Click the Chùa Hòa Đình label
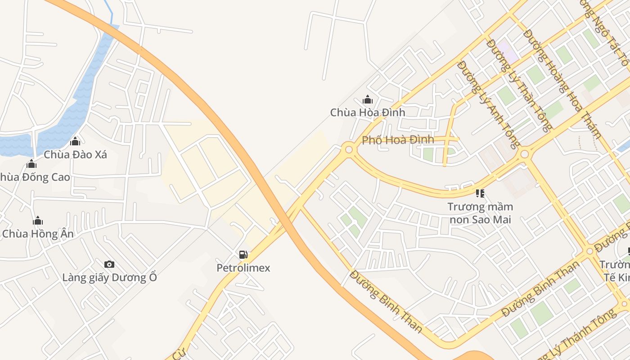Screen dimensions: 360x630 pos(368,112)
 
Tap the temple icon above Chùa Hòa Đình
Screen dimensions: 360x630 pos(368,99)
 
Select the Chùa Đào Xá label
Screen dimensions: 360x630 pos(75,155)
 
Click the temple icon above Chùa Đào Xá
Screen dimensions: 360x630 pos(75,142)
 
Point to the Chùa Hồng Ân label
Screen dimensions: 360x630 pos(38,234)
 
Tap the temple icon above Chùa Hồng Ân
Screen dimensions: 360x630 pos(38,220)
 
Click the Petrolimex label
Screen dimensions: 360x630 pos(243,268)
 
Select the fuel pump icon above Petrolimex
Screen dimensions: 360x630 pos(243,255)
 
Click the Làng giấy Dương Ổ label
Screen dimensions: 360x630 pos(110,277)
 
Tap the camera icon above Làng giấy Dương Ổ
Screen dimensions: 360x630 pos(109,264)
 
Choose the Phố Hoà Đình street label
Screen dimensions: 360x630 pos(398,140)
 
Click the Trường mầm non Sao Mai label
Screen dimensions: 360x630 pos(480,213)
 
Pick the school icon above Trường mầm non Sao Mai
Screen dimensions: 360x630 pos(480,193)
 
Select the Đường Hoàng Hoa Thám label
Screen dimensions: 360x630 pos(562,83)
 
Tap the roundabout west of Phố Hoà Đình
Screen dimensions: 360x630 pos(348,149)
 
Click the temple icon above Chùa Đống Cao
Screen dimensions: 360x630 pos(31,164)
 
